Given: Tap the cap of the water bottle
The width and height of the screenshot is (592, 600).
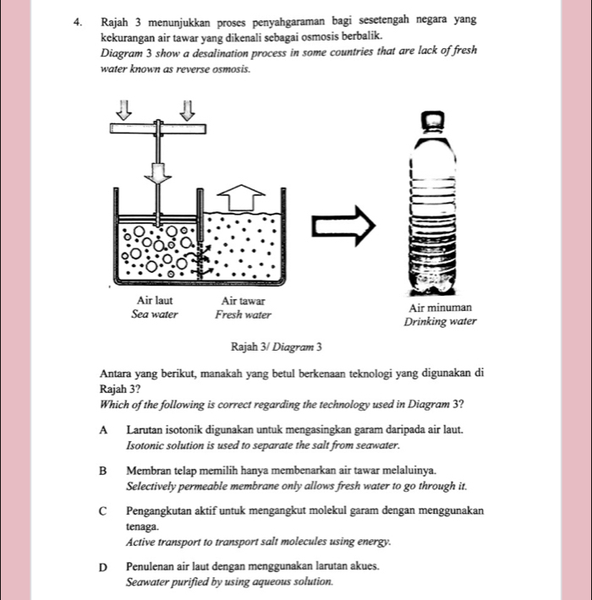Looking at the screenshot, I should pos(433,123).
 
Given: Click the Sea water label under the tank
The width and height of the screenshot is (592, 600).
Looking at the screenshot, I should pos(155,314).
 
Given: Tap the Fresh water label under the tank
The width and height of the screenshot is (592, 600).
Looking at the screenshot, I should pos(243,314).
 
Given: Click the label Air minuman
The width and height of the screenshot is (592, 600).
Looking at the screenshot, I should pos(440,308).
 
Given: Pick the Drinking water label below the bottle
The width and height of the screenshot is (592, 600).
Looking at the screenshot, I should pos(440,322).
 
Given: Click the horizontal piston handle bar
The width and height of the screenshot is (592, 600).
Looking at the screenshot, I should pos(157,128).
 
